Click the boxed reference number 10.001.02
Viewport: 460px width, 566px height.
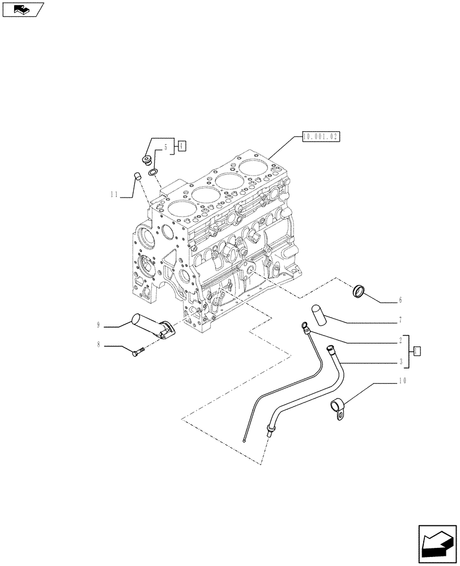tap(321, 136)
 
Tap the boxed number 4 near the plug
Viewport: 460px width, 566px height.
tap(181, 146)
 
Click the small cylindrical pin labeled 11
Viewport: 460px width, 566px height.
tap(137, 175)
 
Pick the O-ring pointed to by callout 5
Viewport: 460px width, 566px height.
tap(154, 172)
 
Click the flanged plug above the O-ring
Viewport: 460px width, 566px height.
tap(146, 160)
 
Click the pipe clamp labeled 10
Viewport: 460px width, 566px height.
tap(338, 408)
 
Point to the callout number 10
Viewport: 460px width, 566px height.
tap(402, 381)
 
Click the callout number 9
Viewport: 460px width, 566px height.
tap(98, 324)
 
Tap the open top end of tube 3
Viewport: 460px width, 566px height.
tap(330, 349)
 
